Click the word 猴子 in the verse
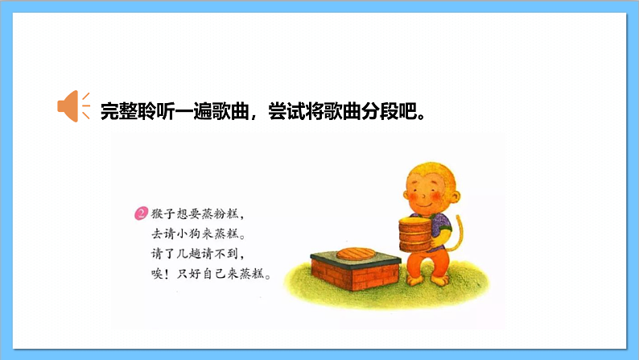(162, 215)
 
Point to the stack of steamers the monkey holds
(415, 234)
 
